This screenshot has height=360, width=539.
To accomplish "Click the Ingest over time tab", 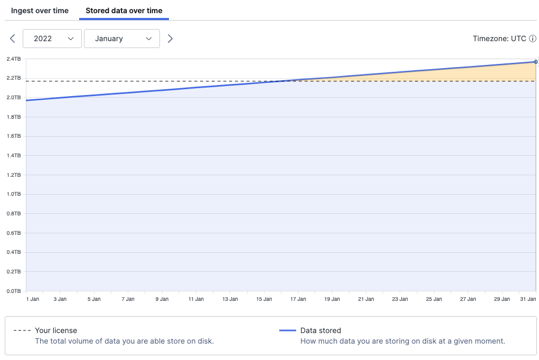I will click(40, 11).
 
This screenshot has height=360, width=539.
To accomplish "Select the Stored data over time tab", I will click(124, 11).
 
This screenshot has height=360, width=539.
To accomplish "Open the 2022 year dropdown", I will click(52, 39).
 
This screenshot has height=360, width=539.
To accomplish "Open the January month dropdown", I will click(122, 39).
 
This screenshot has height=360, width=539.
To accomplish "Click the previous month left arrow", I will click(13, 39).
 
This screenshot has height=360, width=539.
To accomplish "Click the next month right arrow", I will click(170, 39).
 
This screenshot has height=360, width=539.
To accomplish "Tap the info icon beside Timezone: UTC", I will click(533, 39).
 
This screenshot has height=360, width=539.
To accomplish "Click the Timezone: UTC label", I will click(499, 39).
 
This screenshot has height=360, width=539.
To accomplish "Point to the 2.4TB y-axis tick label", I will click(14, 59).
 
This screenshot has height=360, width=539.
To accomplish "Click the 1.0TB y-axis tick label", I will click(14, 194).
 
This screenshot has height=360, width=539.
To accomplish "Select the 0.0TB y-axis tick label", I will click(14, 291).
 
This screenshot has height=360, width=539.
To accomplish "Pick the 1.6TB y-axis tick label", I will click(14, 136).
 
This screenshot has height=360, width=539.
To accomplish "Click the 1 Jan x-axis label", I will click(33, 299).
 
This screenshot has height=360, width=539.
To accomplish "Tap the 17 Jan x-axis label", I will click(298, 299).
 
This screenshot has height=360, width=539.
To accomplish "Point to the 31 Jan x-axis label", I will click(528, 299).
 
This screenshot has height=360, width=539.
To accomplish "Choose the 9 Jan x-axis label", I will click(162, 299).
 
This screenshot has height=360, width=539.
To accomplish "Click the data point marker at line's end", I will click(536, 62).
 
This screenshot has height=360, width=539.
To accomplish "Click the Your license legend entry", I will click(56, 330).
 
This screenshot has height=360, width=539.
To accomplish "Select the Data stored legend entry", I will click(320, 330).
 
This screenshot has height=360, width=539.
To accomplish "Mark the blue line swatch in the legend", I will click(287, 330).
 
